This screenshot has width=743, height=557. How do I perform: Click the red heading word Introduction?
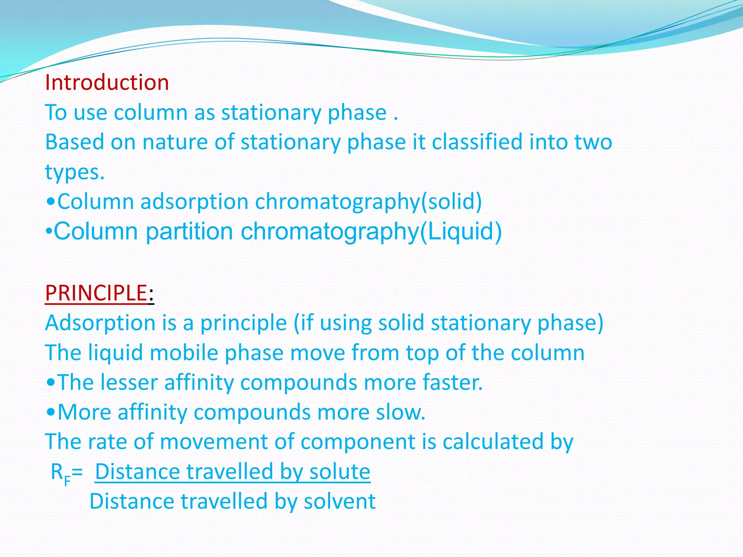coord(107,83)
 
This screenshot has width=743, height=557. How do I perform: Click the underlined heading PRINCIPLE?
coord(96,293)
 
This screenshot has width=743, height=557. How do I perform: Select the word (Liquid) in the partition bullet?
coord(461,231)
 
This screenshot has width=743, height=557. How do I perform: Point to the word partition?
coord(189,231)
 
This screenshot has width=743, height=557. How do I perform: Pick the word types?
coord(75,172)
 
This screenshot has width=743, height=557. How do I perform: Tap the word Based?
coord(75,142)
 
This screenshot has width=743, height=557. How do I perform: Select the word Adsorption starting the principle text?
coord(100,323)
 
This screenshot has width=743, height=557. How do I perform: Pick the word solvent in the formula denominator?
coord(339,501)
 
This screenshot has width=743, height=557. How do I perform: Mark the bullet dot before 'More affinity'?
coord(51,412)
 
